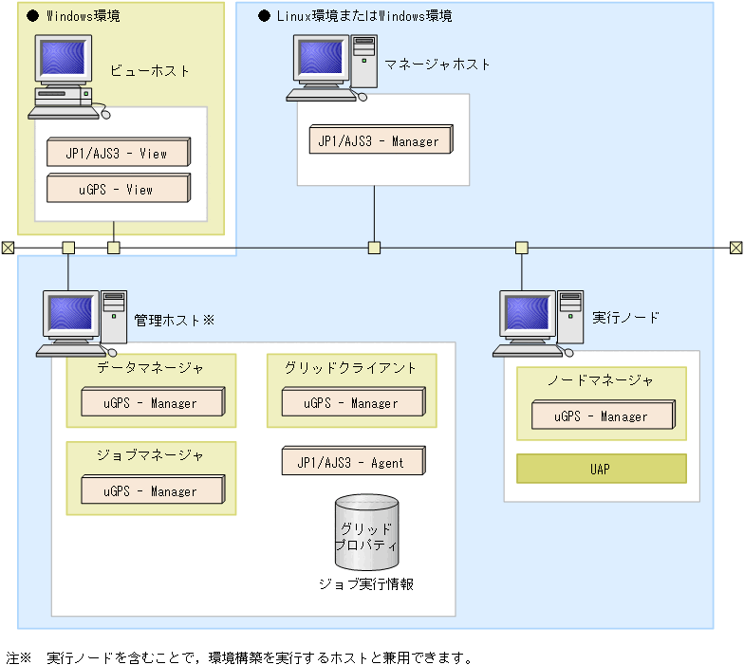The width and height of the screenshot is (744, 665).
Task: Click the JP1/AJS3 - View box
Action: [118, 153]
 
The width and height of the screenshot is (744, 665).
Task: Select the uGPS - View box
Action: [118, 189]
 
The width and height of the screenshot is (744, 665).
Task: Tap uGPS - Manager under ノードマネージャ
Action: [602, 416]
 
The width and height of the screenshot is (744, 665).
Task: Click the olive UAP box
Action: [601, 469]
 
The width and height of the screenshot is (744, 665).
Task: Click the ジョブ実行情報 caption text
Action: [366, 584]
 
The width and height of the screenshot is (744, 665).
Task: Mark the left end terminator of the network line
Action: [8, 248]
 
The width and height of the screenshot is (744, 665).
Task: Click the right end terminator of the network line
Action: [735, 248]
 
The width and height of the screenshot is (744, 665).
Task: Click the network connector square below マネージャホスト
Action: [374, 248]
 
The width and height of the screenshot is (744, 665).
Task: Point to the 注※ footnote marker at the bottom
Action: [19, 656]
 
